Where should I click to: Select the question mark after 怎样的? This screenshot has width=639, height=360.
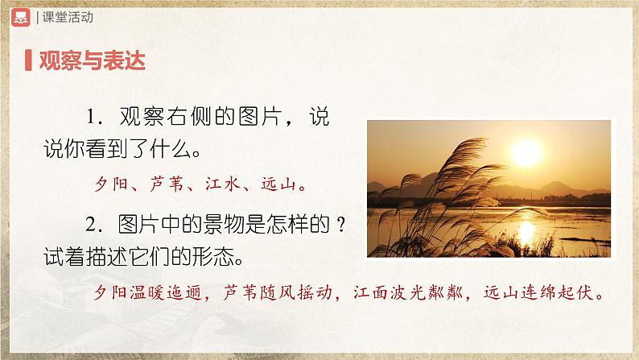tap(342, 227)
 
